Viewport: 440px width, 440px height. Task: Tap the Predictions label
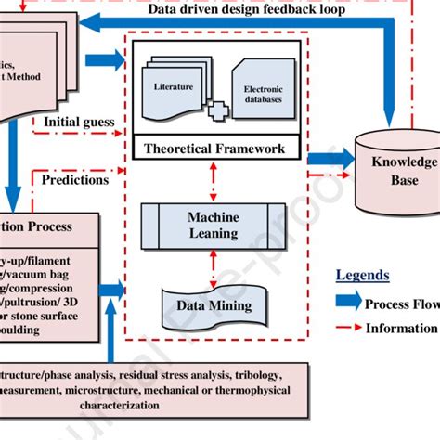tap(76, 180)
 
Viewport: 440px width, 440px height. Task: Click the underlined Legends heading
tap(363, 276)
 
